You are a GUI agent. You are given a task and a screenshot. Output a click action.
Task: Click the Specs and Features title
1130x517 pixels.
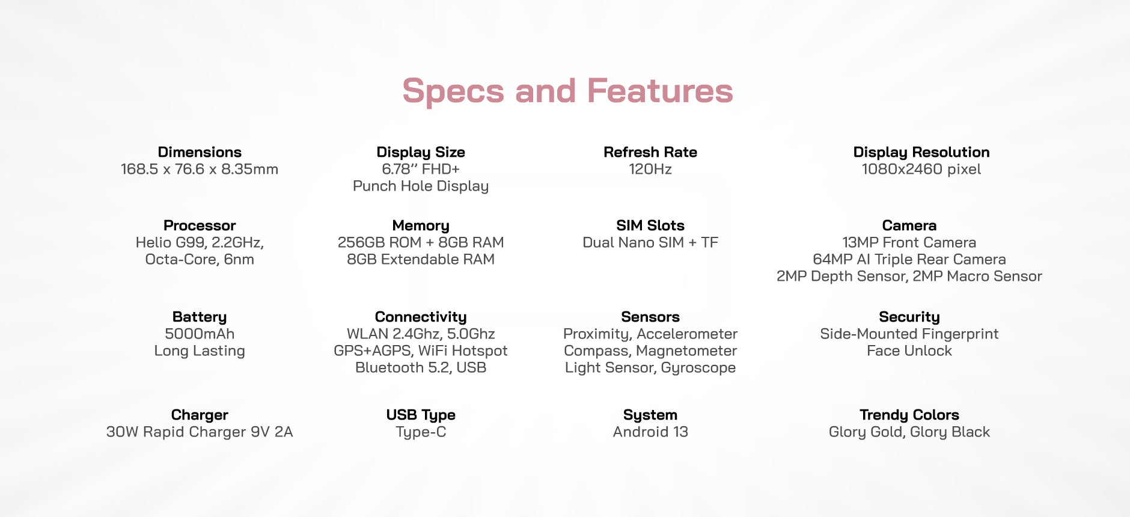pyautogui.click(x=567, y=91)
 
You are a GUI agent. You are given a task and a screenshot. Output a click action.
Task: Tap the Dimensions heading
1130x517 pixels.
pyautogui.click(x=200, y=152)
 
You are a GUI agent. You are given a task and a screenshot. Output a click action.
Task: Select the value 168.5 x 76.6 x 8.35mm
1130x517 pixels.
pyautogui.click(x=200, y=169)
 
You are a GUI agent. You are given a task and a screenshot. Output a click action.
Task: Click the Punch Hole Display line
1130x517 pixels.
pyautogui.click(x=421, y=186)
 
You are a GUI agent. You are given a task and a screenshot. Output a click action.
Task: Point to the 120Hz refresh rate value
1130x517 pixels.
pyautogui.click(x=650, y=169)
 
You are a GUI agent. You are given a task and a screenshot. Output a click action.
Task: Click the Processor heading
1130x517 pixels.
pyautogui.click(x=200, y=225)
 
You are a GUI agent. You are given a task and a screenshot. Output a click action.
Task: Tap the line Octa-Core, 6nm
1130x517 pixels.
pyautogui.click(x=200, y=259)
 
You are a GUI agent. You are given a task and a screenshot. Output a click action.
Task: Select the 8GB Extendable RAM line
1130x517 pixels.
pyautogui.click(x=421, y=259)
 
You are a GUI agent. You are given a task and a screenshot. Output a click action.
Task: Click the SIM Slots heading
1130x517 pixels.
pyautogui.click(x=650, y=225)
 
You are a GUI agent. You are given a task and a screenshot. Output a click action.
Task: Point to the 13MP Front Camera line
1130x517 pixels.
pyautogui.click(x=909, y=242)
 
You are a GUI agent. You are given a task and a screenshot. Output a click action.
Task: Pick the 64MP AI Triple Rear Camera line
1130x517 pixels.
pyautogui.click(x=909, y=259)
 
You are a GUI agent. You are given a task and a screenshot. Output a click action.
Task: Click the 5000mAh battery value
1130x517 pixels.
pyautogui.click(x=200, y=334)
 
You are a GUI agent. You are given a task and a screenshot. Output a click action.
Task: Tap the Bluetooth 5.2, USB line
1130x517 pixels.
pyautogui.click(x=421, y=367)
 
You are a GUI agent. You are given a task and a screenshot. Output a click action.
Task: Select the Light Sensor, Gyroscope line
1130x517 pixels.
pyautogui.click(x=650, y=367)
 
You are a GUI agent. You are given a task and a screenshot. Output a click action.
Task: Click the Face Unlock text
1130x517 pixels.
pyautogui.click(x=909, y=350)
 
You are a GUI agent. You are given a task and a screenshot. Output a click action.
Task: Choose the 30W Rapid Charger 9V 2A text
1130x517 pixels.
pyautogui.click(x=200, y=432)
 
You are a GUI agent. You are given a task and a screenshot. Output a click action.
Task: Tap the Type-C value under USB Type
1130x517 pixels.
pyautogui.click(x=421, y=432)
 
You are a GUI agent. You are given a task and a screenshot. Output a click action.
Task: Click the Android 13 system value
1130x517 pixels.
pyautogui.click(x=650, y=432)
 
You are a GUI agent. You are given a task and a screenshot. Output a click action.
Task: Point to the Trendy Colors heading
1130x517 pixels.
pyautogui.click(x=909, y=415)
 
